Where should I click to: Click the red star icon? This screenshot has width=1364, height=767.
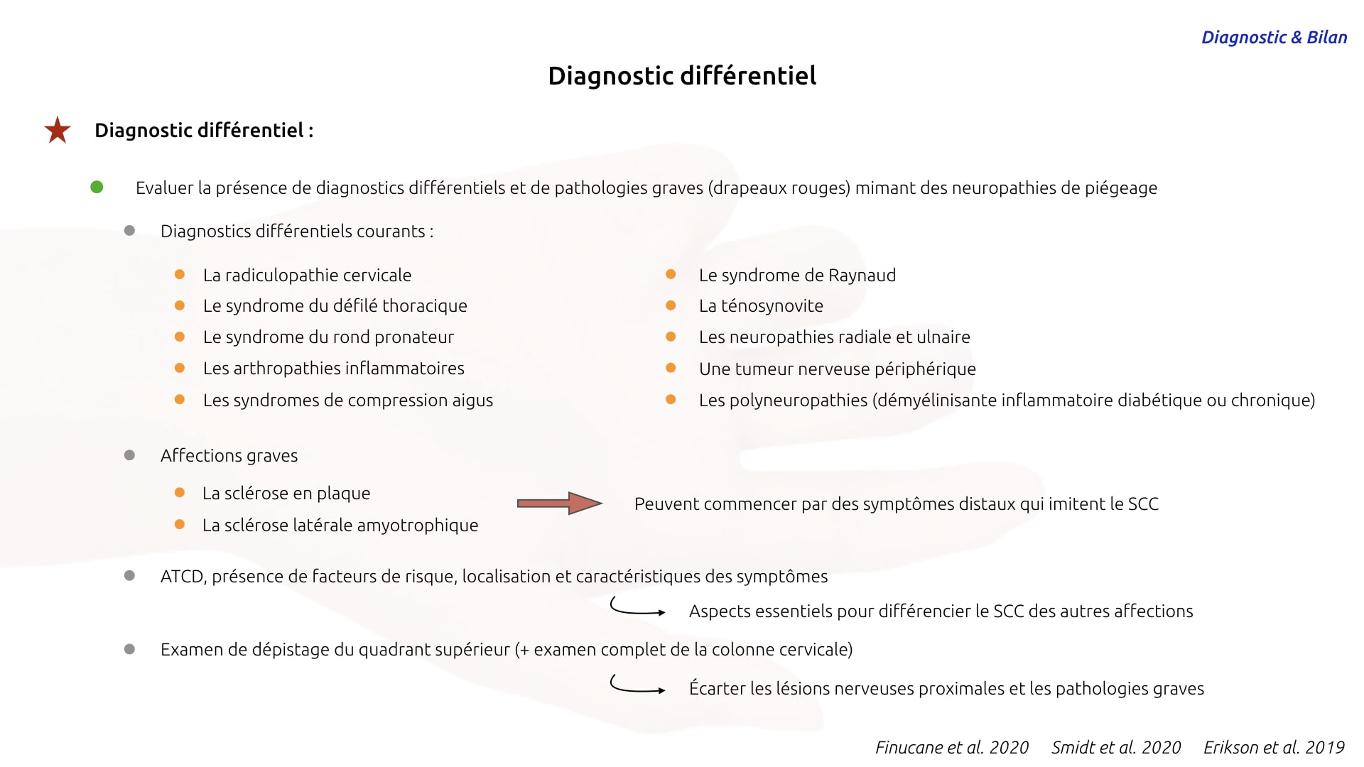click(58, 130)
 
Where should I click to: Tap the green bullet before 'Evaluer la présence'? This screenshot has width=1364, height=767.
click(97, 187)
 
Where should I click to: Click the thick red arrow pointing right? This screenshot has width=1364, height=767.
click(560, 504)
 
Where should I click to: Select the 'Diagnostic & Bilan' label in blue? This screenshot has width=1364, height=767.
click(1274, 38)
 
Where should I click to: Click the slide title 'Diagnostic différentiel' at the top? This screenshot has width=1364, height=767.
click(682, 76)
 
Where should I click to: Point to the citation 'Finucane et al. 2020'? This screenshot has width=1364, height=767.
click(952, 747)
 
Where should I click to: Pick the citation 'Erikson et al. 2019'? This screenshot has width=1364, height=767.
click(1274, 747)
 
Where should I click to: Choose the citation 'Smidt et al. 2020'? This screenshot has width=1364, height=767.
click(1116, 747)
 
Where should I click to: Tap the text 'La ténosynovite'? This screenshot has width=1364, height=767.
click(761, 306)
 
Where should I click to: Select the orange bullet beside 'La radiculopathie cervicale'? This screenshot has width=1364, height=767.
click(180, 274)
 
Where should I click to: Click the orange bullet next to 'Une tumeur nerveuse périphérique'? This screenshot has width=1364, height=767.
click(671, 368)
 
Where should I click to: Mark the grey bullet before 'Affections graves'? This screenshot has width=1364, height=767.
click(129, 455)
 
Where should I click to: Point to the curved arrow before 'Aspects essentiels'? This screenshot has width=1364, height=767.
click(637, 607)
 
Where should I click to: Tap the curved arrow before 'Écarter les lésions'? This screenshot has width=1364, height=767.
click(637, 685)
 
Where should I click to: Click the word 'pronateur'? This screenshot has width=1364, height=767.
click(414, 338)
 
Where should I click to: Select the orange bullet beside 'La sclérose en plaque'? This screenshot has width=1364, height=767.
click(180, 492)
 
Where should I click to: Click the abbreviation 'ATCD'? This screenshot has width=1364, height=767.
click(183, 577)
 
